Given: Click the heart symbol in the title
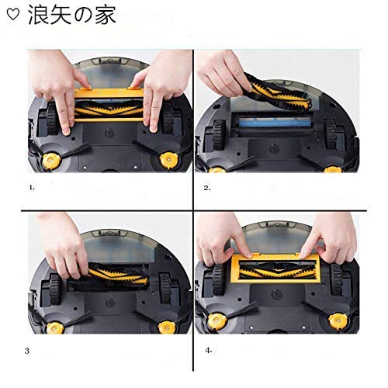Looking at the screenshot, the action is pyautogui.click(x=12, y=14).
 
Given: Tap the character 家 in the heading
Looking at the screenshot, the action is pyautogui.click(x=106, y=15).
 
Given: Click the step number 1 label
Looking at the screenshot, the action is pyautogui.click(x=32, y=188).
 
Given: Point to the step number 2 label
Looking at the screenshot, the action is pyautogui.click(x=207, y=188).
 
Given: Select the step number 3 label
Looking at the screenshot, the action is pyautogui.click(x=27, y=351).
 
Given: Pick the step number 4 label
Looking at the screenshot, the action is pyautogui.click(x=209, y=351).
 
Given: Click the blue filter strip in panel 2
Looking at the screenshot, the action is pyautogui.click(x=275, y=122).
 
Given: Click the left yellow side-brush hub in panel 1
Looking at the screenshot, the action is pyautogui.click(x=52, y=161).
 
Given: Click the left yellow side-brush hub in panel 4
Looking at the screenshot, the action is pyautogui.click(x=217, y=322).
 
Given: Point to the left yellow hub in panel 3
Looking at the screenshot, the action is pyautogui.click(x=55, y=328).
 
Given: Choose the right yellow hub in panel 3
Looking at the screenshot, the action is pyautogui.click(x=168, y=327).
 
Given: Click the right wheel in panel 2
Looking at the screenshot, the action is pyautogui.click(x=331, y=134).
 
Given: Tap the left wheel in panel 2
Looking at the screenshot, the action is pyautogui.click(x=219, y=135).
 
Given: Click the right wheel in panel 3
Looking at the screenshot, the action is pyautogui.click(x=166, y=289).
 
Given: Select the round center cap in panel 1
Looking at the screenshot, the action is pyautogui.click(x=109, y=133).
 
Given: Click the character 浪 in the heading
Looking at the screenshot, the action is pyautogui.click(x=38, y=15).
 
